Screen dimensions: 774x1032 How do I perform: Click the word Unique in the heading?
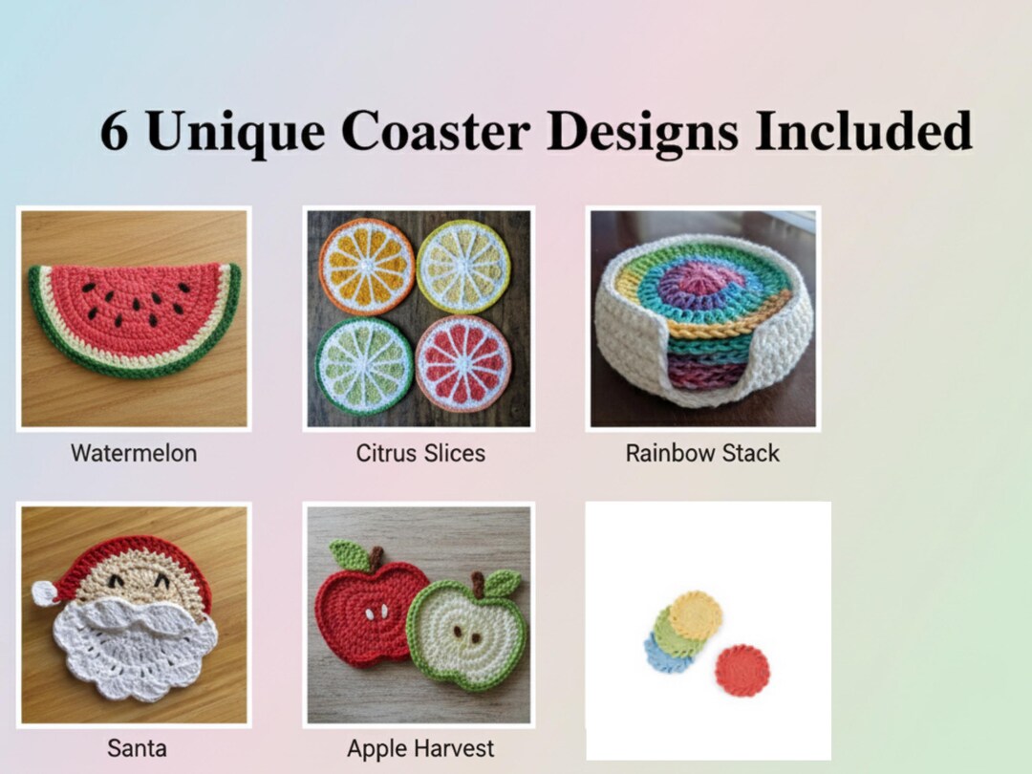tap(235, 131)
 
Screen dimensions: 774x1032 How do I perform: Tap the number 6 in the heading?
tap(114, 131)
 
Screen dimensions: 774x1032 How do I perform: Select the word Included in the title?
tap(863, 131)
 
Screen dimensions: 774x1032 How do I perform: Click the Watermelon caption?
tap(134, 452)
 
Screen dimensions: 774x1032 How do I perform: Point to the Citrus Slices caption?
tap(420, 452)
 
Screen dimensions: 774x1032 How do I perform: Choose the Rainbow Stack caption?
tap(702, 452)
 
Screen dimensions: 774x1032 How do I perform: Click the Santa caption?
tap(137, 748)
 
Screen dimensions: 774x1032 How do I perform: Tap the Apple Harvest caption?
tap(420, 748)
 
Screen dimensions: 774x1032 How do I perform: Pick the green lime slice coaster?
tap(364, 366)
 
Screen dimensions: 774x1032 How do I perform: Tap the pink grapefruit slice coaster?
tap(463, 364)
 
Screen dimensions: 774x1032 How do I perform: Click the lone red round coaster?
tap(742, 670)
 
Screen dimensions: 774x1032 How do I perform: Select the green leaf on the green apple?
tap(502, 581)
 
